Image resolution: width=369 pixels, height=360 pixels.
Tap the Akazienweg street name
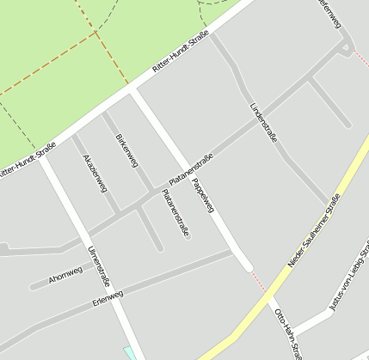(x=95, y=174)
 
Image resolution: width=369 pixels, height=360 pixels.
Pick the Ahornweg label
(x=65, y=276)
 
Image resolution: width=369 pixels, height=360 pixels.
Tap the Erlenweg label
(x=107, y=300)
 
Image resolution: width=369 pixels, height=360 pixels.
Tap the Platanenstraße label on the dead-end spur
(x=175, y=212)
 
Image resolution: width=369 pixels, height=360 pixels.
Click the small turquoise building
(x=130, y=353)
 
